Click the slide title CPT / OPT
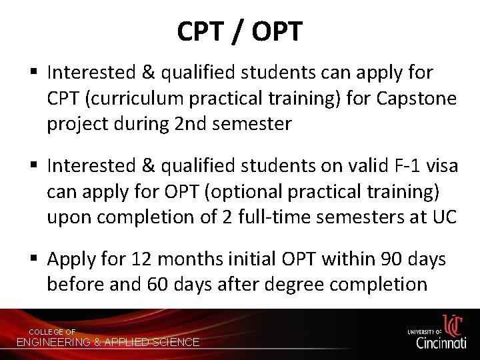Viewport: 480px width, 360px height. (240, 31)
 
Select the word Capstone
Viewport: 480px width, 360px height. (417, 98)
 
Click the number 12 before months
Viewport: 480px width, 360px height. (143, 259)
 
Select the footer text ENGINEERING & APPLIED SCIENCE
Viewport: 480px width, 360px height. (107, 342)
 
